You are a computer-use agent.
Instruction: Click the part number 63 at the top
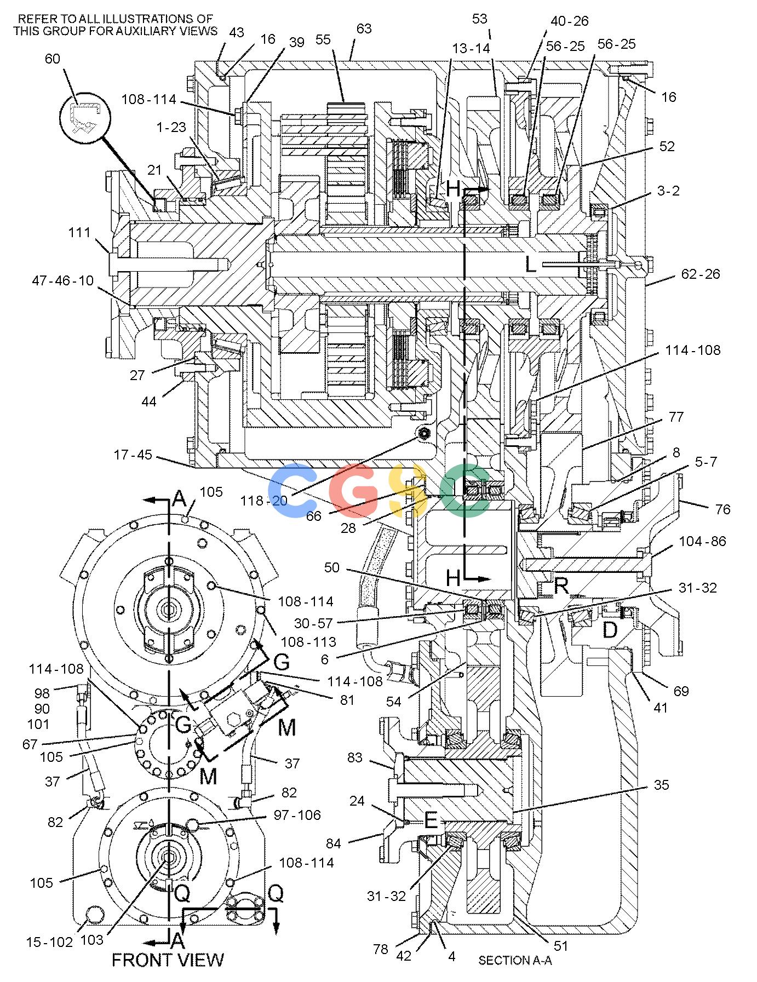[x=364, y=29]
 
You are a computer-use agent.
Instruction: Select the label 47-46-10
[x=62, y=281]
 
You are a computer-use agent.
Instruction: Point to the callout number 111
[x=79, y=233]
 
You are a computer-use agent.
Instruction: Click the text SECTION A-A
[x=515, y=961]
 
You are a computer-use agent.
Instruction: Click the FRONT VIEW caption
[x=168, y=960]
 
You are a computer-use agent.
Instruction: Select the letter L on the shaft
[x=531, y=264]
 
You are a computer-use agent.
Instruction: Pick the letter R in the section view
[x=562, y=587]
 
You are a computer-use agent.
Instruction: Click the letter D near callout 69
[x=610, y=630]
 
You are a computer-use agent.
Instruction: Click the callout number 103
[x=92, y=940]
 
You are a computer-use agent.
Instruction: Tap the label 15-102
[x=50, y=942]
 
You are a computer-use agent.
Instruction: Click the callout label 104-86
[x=703, y=541]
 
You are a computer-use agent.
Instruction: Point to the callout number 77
[x=676, y=417]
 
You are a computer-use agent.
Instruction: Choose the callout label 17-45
[x=133, y=455]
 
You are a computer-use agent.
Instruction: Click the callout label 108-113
[x=308, y=641]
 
